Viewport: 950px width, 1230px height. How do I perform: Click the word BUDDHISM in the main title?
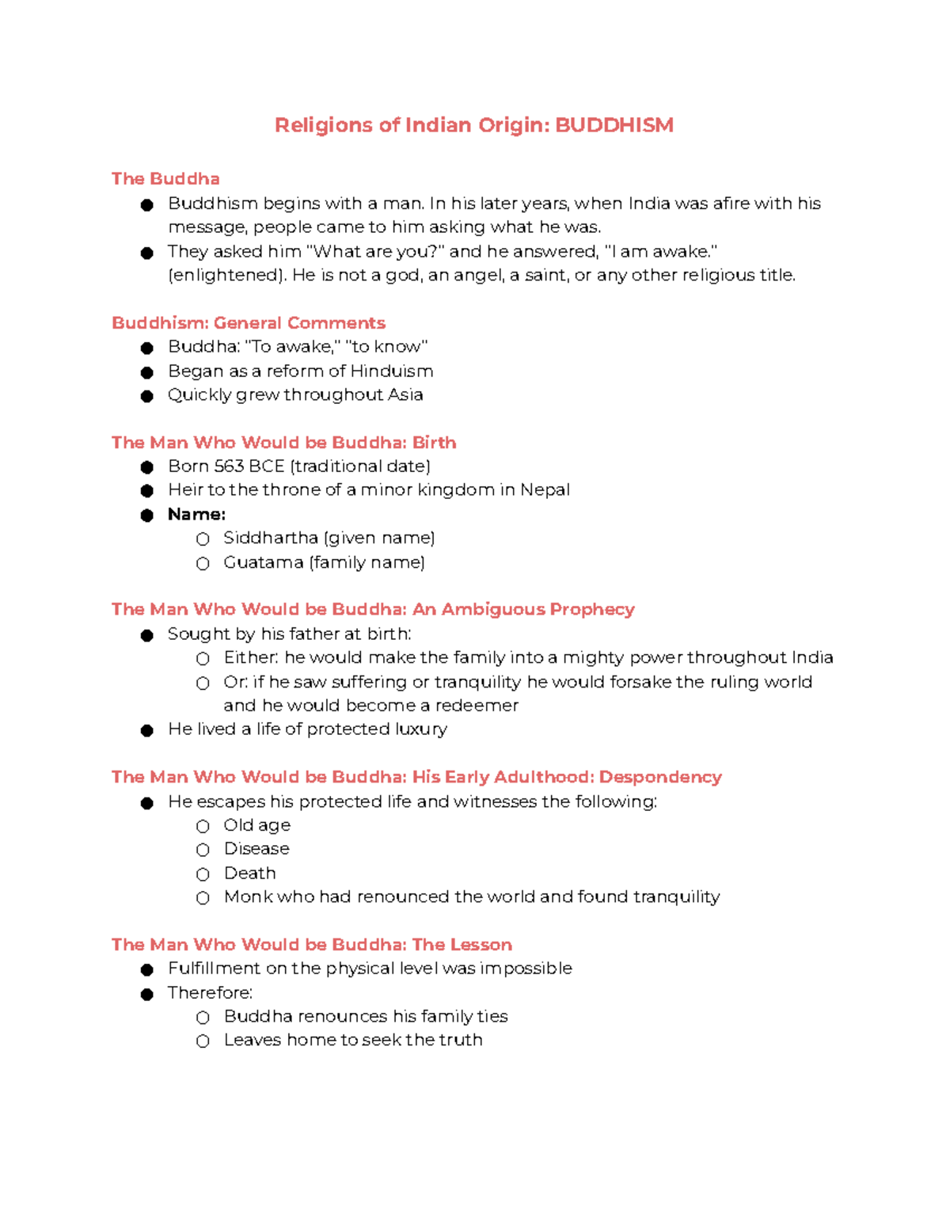point(614,125)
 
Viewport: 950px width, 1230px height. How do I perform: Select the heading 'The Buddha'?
point(165,179)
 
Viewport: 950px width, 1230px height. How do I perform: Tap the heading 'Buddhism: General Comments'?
point(248,323)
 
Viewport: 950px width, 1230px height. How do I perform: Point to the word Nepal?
point(545,490)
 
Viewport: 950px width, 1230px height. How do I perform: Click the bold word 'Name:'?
point(196,515)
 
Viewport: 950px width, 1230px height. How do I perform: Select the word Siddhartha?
point(270,539)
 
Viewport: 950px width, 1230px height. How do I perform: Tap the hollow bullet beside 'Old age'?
point(203,826)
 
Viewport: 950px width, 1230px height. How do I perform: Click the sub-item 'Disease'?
point(256,849)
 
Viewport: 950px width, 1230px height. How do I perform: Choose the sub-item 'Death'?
point(249,874)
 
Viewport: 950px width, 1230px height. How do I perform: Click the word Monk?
point(248,897)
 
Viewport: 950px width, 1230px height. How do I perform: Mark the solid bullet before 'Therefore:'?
point(146,994)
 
